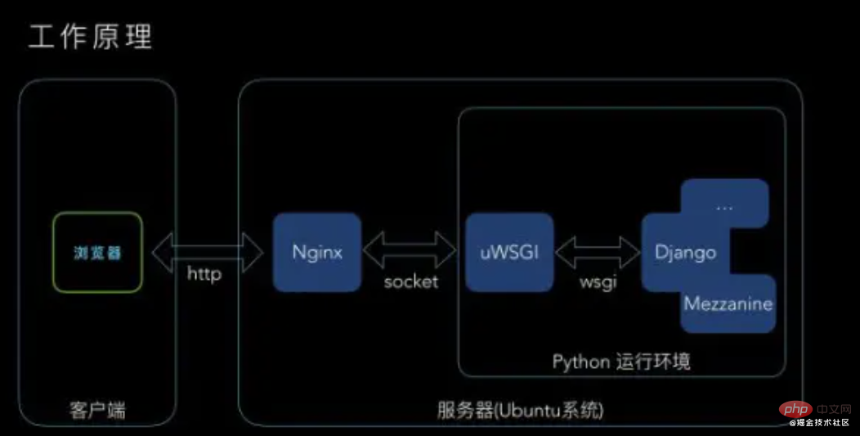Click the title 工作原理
(91, 37)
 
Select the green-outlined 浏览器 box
(98, 252)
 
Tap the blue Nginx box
(317, 252)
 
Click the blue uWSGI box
(509, 252)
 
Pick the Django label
(685, 252)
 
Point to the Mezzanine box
(728, 305)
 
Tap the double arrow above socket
(410, 249)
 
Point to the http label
(204, 276)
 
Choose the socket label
(411, 281)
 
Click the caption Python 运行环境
(621, 362)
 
